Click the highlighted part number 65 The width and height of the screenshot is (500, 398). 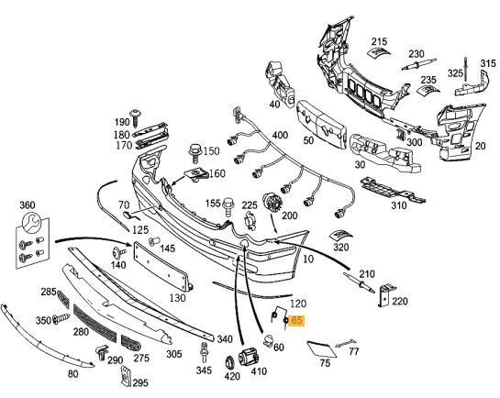coord(296,320)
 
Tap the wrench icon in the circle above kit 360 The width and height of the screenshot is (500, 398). coord(31,223)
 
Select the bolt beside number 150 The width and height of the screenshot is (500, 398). coord(194,153)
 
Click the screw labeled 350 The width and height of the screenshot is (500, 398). coord(61,319)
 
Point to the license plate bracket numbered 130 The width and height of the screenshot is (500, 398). coord(162,266)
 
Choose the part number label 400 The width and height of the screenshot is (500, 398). coord(280,136)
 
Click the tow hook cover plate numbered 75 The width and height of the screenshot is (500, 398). coord(321,349)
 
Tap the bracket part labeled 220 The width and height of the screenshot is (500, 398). coord(386,294)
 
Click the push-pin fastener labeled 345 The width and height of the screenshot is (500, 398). coord(204,353)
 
